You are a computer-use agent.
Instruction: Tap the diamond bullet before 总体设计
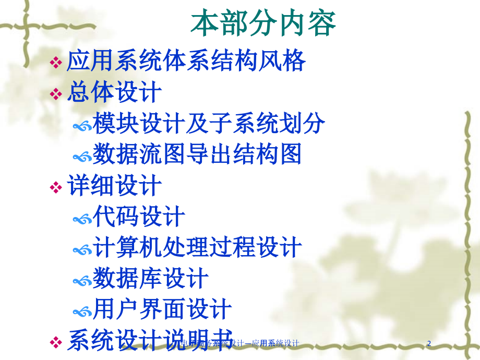pyautogui.click(x=56, y=94)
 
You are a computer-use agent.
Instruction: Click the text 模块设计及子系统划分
pyautogui.click(x=208, y=124)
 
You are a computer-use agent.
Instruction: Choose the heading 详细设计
pyautogui.click(x=114, y=186)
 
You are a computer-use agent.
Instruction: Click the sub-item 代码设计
pyautogui.click(x=138, y=217)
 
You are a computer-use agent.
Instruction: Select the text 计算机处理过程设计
pyautogui.click(x=197, y=247)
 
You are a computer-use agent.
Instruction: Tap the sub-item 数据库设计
pyautogui.click(x=150, y=278)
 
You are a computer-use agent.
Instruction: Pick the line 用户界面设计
pyautogui.click(x=162, y=309)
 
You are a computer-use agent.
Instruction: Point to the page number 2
pyautogui.click(x=429, y=343)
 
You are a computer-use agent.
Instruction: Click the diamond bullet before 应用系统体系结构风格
pyautogui.click(x=56, y=64)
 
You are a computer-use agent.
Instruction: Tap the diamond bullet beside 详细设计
pyautogui.click(x=56, y=187)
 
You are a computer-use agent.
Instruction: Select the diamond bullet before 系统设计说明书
pyautogui.click(x=56, y=342)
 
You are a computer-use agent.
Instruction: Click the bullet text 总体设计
pyautogui.click(x=114, y=94)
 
